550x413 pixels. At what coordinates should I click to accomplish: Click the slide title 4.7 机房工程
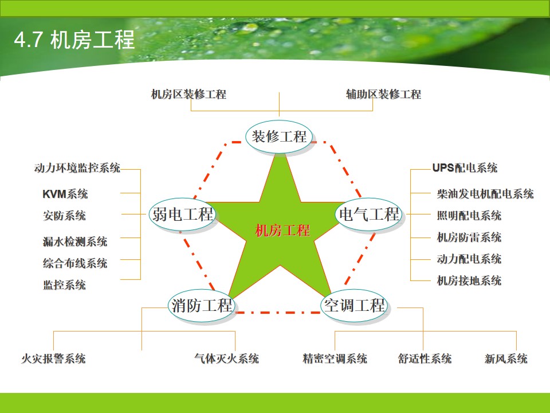[x=74, y=40]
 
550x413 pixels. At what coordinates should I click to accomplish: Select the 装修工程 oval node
[x=279, y=137]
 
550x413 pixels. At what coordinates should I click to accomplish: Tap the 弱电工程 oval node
[x=182, y=214]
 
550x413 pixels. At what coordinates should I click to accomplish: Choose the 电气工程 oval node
[x=368, y=214]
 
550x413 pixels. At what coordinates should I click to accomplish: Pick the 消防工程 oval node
[x=202, y=306]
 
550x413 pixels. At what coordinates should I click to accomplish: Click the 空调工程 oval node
[x=354, y=306]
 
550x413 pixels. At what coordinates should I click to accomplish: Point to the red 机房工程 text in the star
[x=282, y=231]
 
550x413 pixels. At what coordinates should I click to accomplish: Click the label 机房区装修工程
[x=188, y=94]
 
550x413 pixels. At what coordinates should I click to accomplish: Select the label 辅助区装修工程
[x=383, y=94]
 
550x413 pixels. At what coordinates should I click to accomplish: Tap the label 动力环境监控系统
[x=77, y=168]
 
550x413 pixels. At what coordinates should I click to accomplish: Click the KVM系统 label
[x=65, y=194]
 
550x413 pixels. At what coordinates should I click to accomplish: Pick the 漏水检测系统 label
[x=75, y=241]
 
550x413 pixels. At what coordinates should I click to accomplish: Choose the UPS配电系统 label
[x=465, y=168]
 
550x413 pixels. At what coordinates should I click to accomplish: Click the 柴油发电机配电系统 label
[x=485, y=194]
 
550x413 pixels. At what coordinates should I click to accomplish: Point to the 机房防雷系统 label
[x=469, y=237]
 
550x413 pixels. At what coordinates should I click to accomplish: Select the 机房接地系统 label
[x=469, y=280]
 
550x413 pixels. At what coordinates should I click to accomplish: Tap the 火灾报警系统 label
[x=53, y=359]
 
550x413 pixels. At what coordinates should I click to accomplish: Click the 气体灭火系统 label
[x=227, y=359]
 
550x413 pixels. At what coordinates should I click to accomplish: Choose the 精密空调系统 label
[x=335, y=359]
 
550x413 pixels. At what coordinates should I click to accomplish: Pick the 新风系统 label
[x=506, y=359]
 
